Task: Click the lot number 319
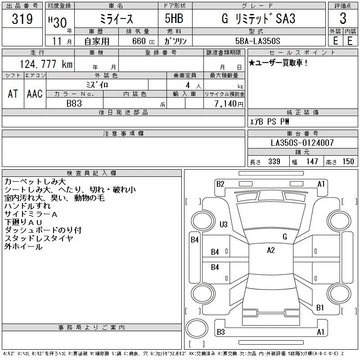coord(22,19)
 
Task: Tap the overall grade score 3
coord(343,18)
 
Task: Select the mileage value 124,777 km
coord(46,64)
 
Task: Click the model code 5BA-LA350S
coord(257,41)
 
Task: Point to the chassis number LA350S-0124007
coord(302,143)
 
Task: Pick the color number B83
coord(74,103)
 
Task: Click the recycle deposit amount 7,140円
coord(229,104)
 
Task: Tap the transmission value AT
coord(13,94)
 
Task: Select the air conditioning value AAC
coord(35,94)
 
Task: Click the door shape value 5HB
coord(174,18)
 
